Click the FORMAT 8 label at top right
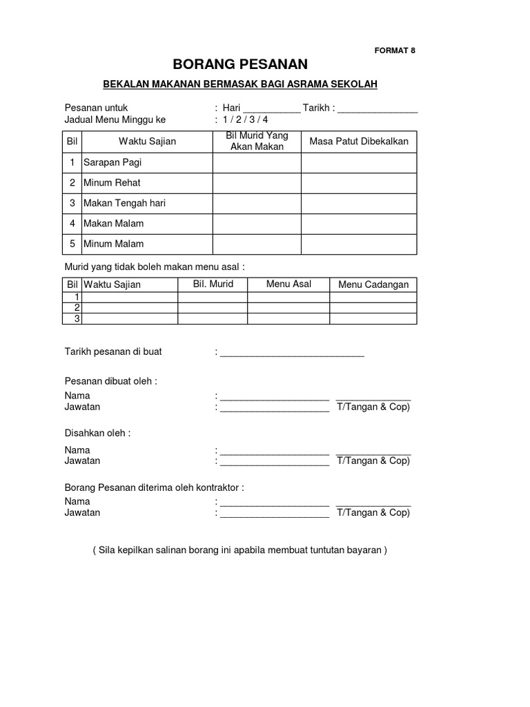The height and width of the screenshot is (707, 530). [x=395, y=50]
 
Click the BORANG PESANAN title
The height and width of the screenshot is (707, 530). [x=240, y=65]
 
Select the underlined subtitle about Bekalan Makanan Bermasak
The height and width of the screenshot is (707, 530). [x=240, y=84]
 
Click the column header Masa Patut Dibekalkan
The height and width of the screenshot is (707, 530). [x=359, y=142]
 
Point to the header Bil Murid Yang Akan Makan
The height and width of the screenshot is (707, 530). [x=257, y=142]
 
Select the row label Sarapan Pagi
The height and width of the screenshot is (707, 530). [x=112, y=163]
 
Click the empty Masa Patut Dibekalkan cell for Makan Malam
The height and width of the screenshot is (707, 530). [x=359, y=224]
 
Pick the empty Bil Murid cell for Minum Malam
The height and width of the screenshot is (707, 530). [x=257, y=244]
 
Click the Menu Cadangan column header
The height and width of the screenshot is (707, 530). [x=373, y=284]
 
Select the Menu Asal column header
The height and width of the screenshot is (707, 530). [x=288, y=284]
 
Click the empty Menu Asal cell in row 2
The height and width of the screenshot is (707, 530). [x=288, y=307]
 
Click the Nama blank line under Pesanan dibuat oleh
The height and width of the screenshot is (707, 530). [x=275, y=398]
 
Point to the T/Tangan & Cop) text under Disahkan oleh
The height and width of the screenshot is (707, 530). [x=373, y=461]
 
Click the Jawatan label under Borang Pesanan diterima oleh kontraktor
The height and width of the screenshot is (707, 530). [x=82, y=513]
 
